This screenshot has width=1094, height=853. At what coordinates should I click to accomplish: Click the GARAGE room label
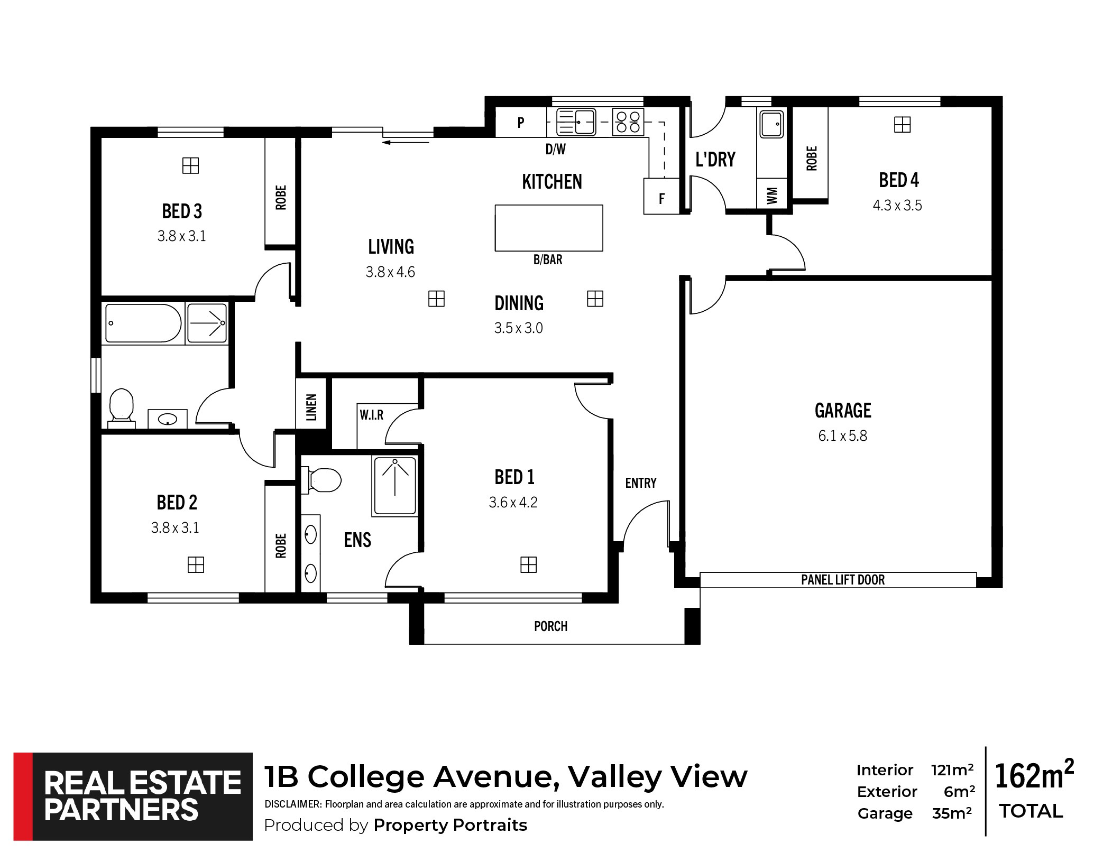[x=843, y=410]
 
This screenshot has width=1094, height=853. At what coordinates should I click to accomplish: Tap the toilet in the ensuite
[x=321, y=480]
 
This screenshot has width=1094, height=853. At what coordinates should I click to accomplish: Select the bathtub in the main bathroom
[x=143, y=323]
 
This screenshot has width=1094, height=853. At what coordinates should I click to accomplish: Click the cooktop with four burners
[x=628, y=122]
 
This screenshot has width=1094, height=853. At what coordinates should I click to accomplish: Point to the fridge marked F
[x=661, y=196]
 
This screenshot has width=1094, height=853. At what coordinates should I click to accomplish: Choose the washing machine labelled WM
[x=772, y=195]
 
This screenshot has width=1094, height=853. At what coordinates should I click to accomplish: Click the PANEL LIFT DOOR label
[x=843, y=580]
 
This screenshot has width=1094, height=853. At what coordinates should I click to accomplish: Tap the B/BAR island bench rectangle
[x=549, y=228]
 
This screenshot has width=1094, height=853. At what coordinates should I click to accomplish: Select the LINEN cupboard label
[x=311, y=407]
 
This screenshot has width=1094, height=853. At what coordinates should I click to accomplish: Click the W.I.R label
[x=372, y=415]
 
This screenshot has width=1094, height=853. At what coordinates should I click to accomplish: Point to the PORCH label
[x=550, y=626]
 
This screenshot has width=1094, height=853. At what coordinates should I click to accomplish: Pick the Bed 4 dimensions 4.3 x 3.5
[x=897, y=205]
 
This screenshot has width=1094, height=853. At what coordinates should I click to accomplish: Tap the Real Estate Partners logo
[x=133, y=796]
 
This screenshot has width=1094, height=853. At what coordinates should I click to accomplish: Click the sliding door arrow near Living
[x=407, y=142]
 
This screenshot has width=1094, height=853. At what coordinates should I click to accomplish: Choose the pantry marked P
[x=521, y=122]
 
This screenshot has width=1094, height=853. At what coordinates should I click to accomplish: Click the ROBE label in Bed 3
[x=281, y=197]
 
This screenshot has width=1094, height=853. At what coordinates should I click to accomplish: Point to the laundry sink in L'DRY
[x=771, y=124]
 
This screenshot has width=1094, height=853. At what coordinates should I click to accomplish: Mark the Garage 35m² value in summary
[x=952, y=813]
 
